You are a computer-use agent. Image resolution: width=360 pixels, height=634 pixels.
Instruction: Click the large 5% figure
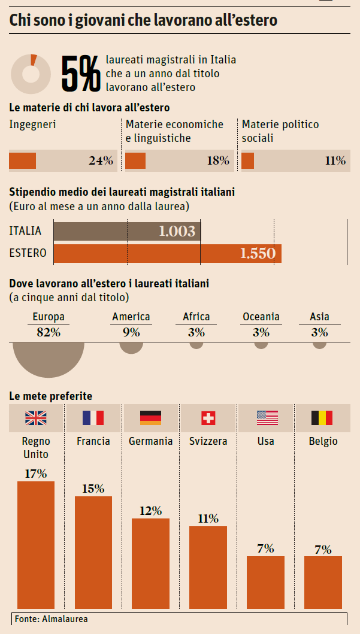click(x=81, y=74)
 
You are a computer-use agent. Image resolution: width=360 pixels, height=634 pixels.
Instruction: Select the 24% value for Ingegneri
click(x=101, y=160)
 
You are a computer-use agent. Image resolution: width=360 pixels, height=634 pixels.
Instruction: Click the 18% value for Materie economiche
click(x=217, y=160)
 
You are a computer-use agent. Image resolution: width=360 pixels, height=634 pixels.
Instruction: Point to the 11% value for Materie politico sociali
click(x=335, y=160)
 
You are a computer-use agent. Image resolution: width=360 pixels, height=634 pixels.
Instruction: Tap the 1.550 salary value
click(x=257, y=253)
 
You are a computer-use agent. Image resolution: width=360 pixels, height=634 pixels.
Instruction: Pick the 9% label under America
click(x=131, y=332)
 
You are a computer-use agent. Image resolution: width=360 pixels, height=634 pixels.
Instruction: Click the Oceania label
click(x=261, y=317)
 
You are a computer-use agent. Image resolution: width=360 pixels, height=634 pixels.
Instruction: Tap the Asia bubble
click(x=320, y=344)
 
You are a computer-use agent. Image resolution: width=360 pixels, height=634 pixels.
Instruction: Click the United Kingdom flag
click(x=35, y=418)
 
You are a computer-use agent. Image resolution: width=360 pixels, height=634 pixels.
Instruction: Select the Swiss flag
click(x=208, y=418)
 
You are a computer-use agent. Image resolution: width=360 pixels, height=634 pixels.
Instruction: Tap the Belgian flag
click(x=322, y=418)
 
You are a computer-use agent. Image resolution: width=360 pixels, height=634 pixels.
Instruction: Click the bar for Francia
click(x=93, y=548)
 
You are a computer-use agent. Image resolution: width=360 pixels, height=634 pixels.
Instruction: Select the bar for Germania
click(x=150, y=560)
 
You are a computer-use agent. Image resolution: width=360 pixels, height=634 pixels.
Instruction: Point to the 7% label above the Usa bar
click(x=265, y=548)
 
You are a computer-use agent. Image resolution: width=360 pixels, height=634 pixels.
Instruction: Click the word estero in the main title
click(x=252, y=21)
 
